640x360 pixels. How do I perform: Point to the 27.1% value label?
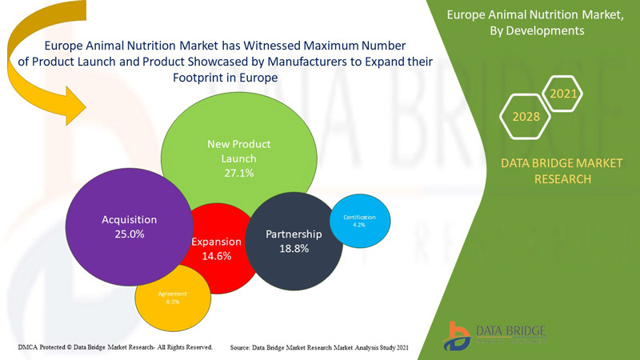pos(238,173)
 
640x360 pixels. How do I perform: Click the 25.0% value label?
pos(129,234)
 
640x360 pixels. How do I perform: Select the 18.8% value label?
pos(293,249)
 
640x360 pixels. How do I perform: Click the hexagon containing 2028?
pos(526,116)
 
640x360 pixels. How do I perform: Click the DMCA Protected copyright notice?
pos(114,347)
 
